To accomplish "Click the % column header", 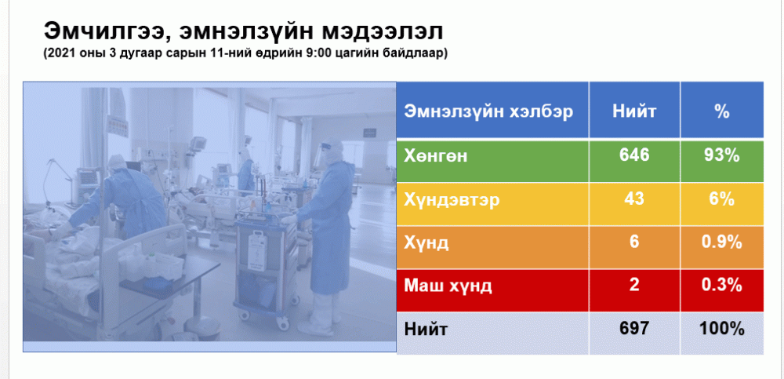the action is [721, 111].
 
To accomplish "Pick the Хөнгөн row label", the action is [436, 156].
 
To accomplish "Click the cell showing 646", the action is [634, 155].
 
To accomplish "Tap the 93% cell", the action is [721, 155].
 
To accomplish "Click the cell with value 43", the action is [634, 199].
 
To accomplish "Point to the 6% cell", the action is [721, 199].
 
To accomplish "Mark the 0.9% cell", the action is [721, 242].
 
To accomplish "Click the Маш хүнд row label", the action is [448, 286].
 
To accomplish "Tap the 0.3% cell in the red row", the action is [721, 286].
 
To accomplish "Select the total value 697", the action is [634, 329].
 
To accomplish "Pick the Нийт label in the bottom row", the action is [426, 330].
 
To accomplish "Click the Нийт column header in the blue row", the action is [634, 111].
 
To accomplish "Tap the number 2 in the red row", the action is [634, 286].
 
